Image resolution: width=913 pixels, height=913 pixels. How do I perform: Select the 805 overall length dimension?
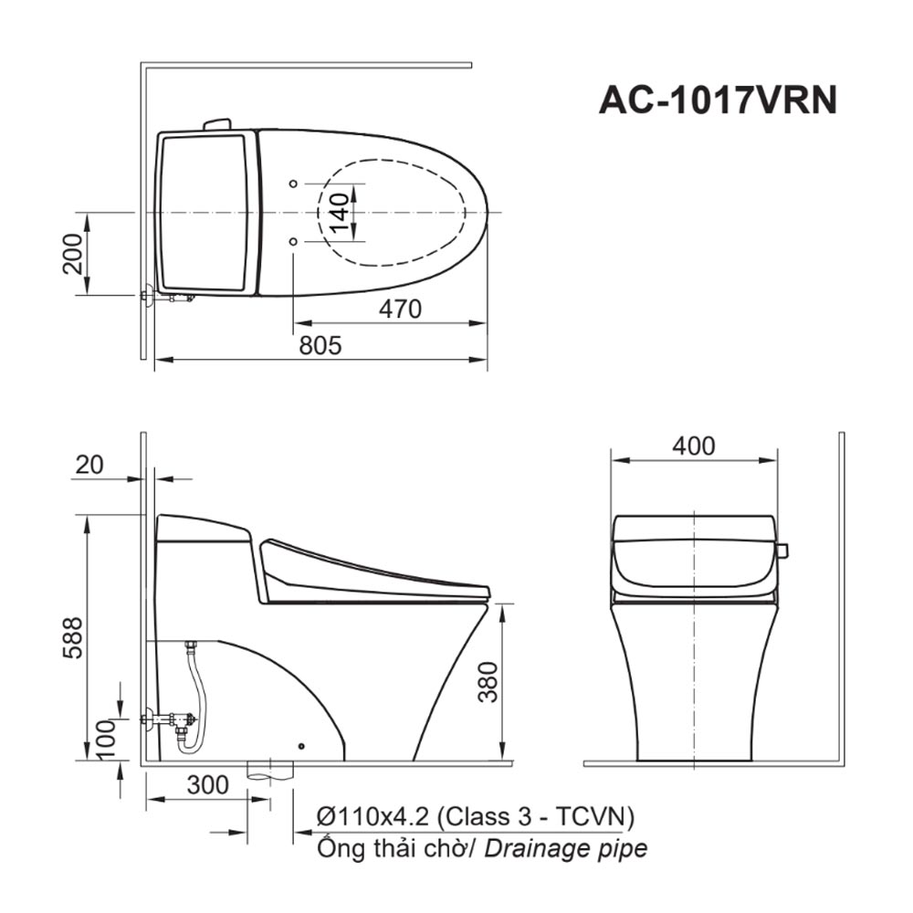pyautogui.click(x=320, y=346)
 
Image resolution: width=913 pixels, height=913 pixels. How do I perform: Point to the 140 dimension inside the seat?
pyautogui.click(x=337, y=212)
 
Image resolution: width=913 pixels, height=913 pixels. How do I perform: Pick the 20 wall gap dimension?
pyautogui.click(x=89, y=465)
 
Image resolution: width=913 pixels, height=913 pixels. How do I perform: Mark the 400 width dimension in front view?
pyautogui.click(x=694, y=446)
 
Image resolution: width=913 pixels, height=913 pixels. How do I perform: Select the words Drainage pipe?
pyautogui.click(x=566, y=848)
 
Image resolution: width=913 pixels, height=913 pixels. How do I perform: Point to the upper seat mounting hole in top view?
pyautogui.click(x=292, y=184)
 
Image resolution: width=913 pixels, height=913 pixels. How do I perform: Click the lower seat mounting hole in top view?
pyautogui.click(x=292, y=242)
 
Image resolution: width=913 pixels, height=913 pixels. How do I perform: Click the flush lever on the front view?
pyautogui.click(x=782, y=551)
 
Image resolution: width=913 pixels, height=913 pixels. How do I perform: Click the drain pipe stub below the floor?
pyautogui.click(x=272, y=772)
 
